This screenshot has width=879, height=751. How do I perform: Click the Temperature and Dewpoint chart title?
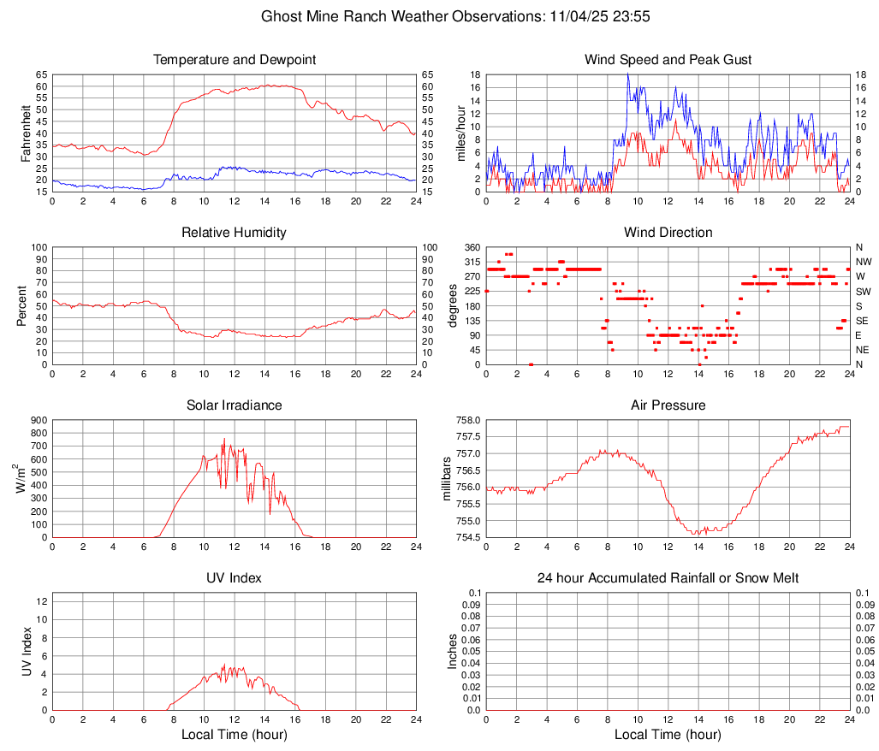234,60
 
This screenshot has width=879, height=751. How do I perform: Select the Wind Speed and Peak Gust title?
668,60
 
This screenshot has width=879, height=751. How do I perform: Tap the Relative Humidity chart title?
234,233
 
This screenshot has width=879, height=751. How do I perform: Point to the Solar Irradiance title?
234,405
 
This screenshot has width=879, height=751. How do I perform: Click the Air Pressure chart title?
668,405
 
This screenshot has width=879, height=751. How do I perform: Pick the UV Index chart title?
234,578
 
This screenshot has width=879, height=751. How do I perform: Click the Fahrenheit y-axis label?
26,133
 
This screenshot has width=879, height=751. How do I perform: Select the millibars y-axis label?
446,479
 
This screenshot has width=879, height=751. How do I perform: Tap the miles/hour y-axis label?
461,133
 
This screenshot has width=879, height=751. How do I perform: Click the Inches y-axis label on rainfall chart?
454,651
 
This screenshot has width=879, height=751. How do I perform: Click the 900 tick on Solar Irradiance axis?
39,420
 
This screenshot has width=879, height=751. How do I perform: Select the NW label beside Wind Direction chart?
864,262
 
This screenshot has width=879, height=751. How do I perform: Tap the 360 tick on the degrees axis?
469,247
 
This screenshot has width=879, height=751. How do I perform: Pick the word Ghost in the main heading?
281,16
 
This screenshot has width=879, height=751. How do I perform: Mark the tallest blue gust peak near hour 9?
627,74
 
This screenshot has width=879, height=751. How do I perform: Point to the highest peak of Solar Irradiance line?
224,439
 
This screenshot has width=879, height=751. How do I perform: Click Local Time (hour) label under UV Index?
234,735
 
